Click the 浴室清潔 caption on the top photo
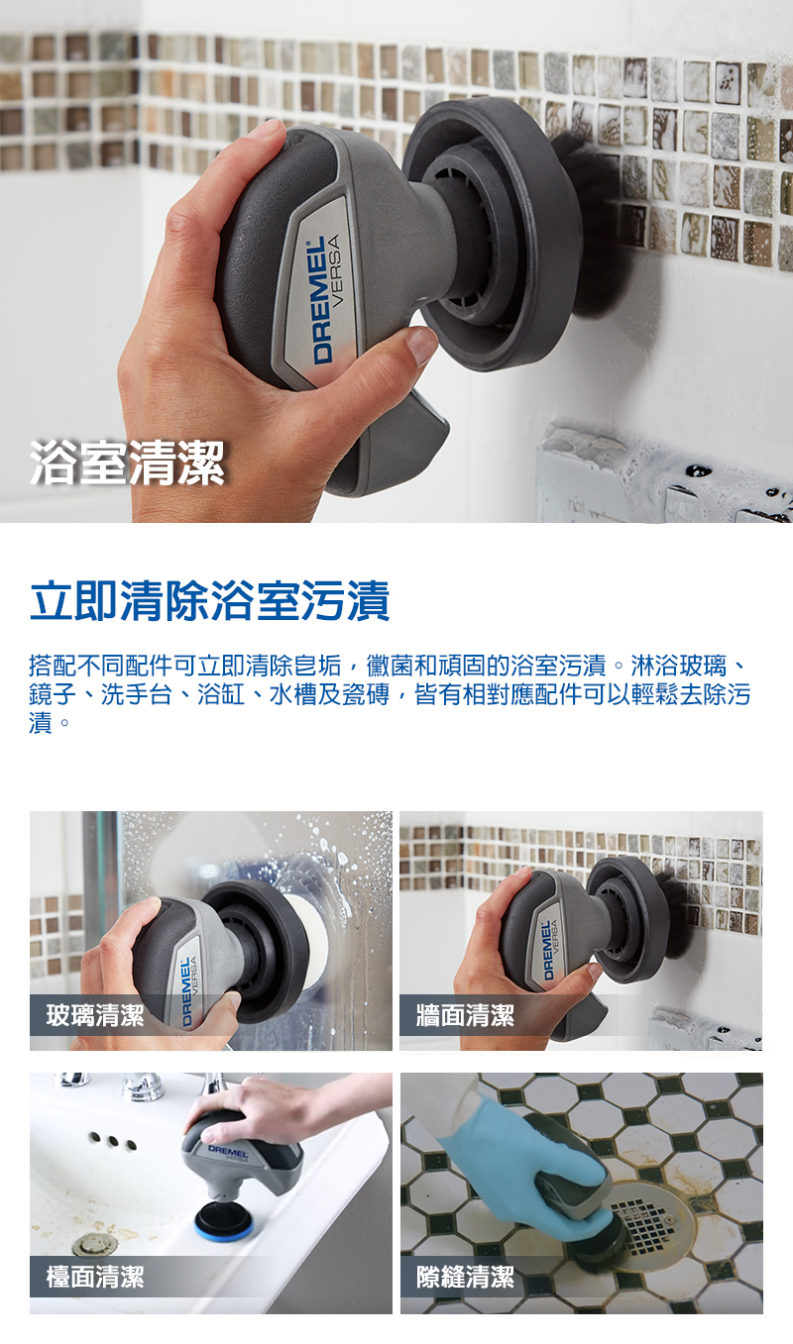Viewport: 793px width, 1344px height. [x=127, y=463]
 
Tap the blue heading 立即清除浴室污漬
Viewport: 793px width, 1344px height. [x=210, y=600]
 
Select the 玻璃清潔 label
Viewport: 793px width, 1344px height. [x=95, y=1015]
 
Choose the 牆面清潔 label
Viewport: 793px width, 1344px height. [x=465, y=1015]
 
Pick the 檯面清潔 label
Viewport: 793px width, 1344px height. [x=95, y=1277]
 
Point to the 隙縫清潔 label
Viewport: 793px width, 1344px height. [x=465, y=1277]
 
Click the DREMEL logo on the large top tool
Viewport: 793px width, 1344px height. [x=322, y=300]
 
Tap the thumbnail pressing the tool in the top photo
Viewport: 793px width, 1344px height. [x=421, y=345]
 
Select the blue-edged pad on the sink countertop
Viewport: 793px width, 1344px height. [x=220, y=1223]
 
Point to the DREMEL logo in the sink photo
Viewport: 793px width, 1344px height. [x=228, y=1153]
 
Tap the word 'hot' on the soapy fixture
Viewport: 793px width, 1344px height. [x=575, y=508]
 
